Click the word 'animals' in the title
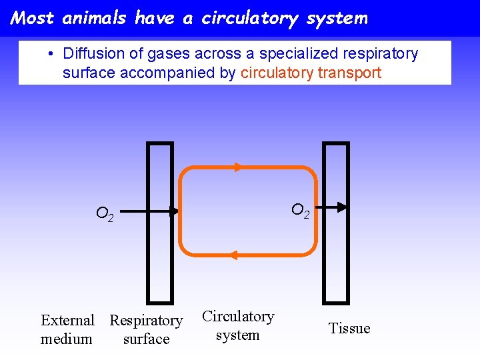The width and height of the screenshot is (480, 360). [95, 18]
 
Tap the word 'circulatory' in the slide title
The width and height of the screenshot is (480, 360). [251, 19]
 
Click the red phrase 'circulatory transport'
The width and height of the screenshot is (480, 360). [311, 73]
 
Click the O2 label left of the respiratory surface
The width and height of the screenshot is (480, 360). [105, 214]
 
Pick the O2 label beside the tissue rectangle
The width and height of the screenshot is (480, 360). [301, 211]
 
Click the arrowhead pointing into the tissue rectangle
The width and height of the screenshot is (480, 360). [340, 207]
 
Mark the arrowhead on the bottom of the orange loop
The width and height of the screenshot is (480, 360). [235, 255]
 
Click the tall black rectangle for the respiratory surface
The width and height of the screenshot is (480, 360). [159, 223]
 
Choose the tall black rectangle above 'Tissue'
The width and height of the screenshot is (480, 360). [335, 223]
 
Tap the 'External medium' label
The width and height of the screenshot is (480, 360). [67, 329]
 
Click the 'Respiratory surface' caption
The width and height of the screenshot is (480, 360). [146, 329]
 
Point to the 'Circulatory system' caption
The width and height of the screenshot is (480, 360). [238, 325]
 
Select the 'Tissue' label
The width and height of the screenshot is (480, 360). [349, 328]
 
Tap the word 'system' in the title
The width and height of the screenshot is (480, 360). [337, 19]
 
